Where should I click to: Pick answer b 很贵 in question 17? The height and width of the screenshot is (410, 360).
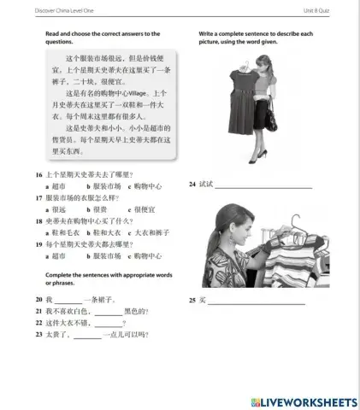pyautogui.click(x=97, y=208)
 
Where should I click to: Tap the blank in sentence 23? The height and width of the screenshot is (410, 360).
pyautogui.click(x=87, y=334)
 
